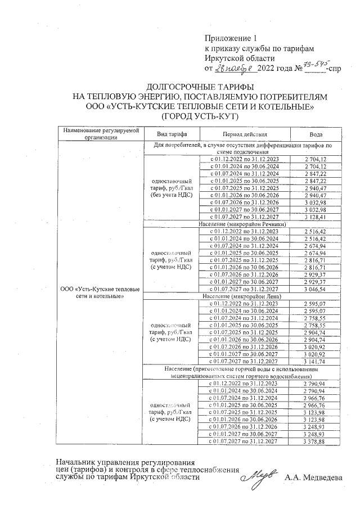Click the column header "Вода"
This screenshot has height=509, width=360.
(316, 136)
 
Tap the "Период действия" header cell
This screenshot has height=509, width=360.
(244, 136)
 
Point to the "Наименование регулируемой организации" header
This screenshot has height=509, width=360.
(100, 133)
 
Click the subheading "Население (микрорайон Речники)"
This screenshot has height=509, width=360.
(243, 224)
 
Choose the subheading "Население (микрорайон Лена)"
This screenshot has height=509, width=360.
(243, 296)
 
